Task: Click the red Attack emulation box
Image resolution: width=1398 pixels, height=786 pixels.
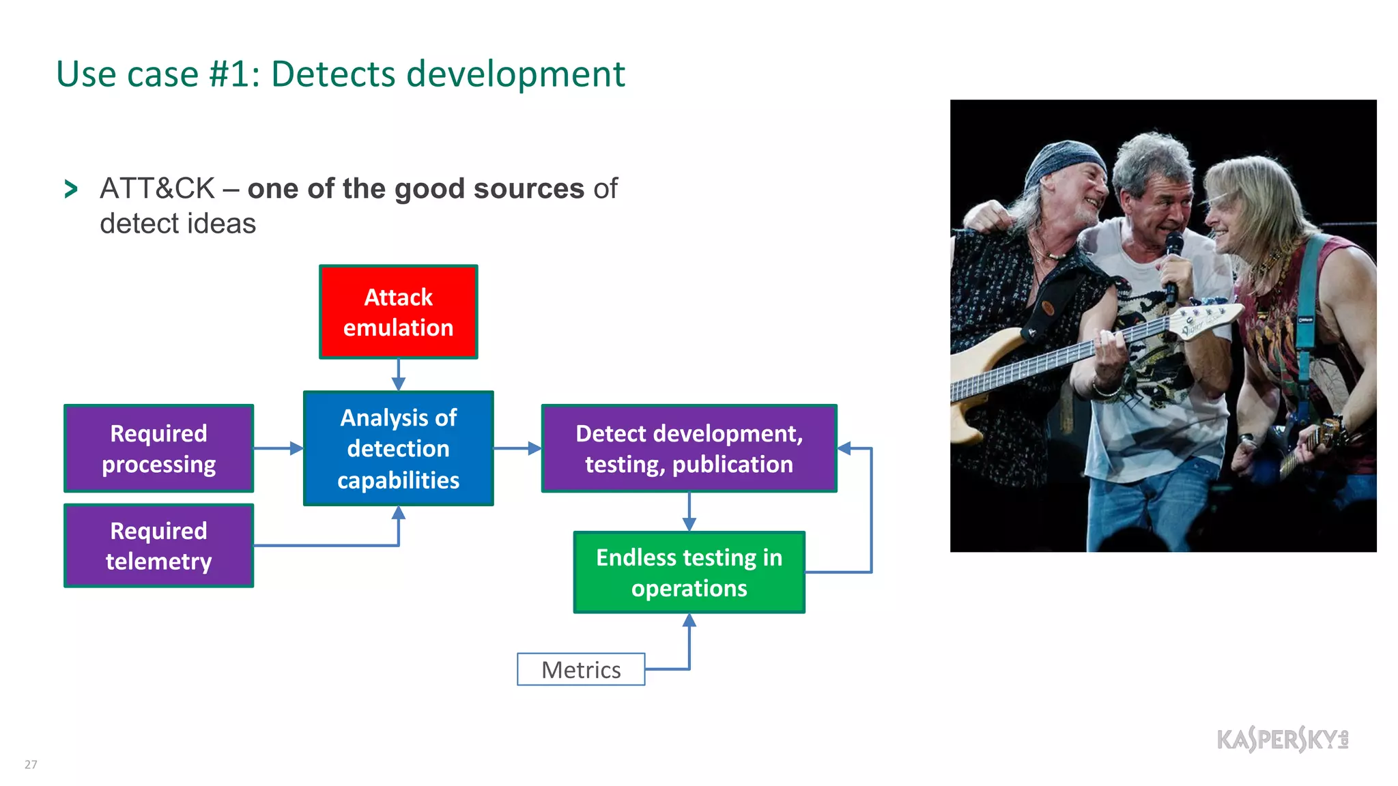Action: tap(398, 312)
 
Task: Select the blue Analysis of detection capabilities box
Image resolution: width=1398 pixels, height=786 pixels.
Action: tap(398, 448)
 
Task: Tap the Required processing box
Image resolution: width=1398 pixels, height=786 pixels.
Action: tap(158, 448)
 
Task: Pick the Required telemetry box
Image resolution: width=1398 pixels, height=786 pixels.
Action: tap(158, 546)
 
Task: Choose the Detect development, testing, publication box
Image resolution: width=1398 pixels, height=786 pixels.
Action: tap(689, 448)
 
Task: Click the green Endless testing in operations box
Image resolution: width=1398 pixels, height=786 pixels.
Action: tap(689, 572)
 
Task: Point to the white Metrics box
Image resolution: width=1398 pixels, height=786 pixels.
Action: tap(581, 669)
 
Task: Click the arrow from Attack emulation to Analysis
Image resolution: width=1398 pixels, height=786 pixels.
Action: tap(399, 375)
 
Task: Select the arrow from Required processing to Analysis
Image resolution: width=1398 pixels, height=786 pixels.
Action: tap(279, 448)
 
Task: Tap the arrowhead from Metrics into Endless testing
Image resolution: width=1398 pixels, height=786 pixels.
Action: tap(689, 620)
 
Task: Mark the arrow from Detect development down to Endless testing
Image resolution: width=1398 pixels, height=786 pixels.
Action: tap(689, 512)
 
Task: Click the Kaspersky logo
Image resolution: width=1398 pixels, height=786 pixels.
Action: tap(1282, 739)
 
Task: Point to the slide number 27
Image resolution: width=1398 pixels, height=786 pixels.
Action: tap(31, 764)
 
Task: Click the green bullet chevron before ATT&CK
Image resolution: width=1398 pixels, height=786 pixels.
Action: tap(70, 189)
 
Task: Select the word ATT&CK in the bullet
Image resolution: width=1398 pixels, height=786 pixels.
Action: tap(157, 189)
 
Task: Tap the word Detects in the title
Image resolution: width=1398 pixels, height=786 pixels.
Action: tap(333, 74)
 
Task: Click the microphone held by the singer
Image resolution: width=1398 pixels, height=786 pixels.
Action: tap(1173, 263)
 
